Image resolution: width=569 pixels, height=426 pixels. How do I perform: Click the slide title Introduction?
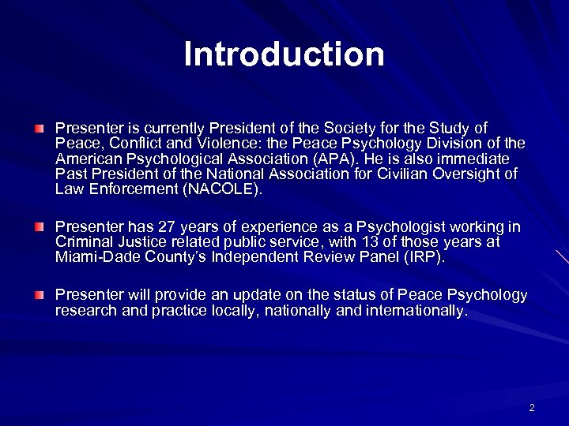click(x=284, y=54)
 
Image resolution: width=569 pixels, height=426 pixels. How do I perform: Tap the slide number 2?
click(x=532, y=408)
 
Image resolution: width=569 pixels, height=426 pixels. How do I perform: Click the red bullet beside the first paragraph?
click(x=40, y=127)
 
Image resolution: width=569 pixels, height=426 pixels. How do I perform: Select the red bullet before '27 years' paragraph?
click(x=40, y=227)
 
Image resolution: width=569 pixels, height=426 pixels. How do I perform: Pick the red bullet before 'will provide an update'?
click(x=40, y=294)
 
